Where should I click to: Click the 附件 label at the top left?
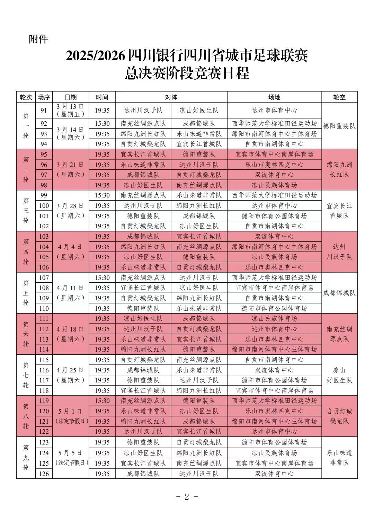(38, 39)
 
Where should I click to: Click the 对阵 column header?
(171, 97)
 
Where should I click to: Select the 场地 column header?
(274, 97)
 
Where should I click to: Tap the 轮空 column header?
(339, 97)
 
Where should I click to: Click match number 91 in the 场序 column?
(44, 111)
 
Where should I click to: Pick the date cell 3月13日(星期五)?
(71, 111)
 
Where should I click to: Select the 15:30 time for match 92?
(102, 124)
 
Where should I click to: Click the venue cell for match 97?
(274, 175)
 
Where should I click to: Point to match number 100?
(44, 206)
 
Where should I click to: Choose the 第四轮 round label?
(26, 252)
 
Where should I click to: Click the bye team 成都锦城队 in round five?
(339, 293)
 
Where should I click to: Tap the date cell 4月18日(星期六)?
(71, 334)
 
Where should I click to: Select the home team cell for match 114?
(143, 350)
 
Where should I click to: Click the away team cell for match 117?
(199, 380)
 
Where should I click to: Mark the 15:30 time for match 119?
(102, 401)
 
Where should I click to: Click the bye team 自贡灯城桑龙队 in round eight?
(339, 416)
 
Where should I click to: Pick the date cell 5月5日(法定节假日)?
(71, 458)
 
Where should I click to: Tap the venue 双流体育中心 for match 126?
(274, 474)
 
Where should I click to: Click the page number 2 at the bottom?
(187, 497)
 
